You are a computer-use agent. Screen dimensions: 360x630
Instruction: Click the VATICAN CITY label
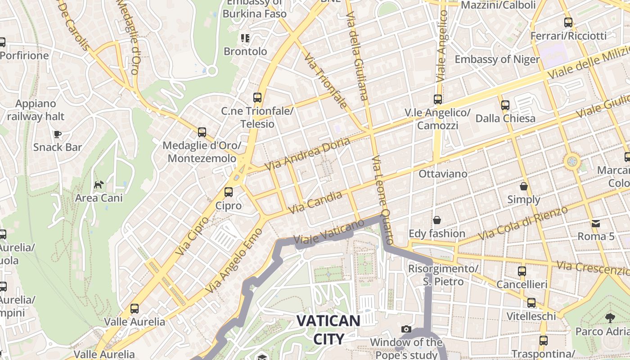pyautogui.click(x=328, y=330)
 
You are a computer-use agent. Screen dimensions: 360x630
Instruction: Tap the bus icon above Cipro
pyautogui.click(x=229, y=192)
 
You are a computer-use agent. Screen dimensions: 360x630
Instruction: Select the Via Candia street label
pyautogui.click(x=315, y=202)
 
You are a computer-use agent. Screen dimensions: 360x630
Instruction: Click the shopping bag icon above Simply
pyautogui.click(x=524, y=186)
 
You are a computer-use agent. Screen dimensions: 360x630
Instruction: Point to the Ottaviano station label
pyautogui.click(x=443, y=174)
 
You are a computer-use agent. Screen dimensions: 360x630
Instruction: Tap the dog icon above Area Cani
pyautogui.click(x=99, y=184)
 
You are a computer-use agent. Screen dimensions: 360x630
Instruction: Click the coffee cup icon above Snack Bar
pyautogui.click(x=57, y=134)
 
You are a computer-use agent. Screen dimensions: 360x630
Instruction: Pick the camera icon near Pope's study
pyautogui.click(x=406, y=329)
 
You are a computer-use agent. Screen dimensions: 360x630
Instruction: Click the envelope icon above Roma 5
pyautogui.click(x=596, y=223)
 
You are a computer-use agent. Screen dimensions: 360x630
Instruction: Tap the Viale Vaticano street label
pyautogui.click(x=328, y=233)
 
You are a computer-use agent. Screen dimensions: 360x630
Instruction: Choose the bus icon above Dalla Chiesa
pyautogui.click(x=505, y=105)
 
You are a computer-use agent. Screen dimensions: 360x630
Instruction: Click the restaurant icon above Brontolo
pyautogui.click(x=245, y=38)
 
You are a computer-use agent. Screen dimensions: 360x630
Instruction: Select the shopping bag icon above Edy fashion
pyautogui.click(x=436, y=220)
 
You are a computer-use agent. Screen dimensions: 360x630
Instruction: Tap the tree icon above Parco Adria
pyautogui.click(x=610, y=318)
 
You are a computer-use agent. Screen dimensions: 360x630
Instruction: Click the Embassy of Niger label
pyautogui.click(x=497, y=59)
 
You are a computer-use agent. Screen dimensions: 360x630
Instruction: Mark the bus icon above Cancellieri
pyautogui.click(x=522, y=271)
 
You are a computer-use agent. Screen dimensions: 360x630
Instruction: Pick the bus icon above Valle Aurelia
pyautogui.click(x=135, y=309)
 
